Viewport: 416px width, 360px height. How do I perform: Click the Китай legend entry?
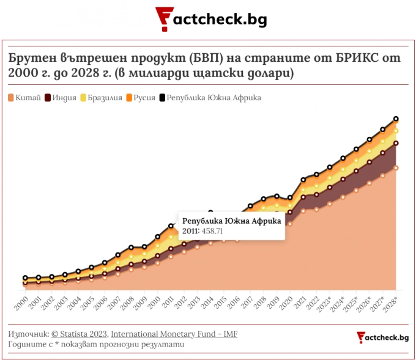24,98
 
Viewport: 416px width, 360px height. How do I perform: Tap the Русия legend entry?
140,98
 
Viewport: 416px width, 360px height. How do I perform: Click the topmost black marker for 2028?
396,119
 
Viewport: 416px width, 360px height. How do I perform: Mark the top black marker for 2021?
303,180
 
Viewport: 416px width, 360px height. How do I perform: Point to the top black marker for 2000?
25,278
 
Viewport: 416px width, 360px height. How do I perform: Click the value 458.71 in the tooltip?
210,231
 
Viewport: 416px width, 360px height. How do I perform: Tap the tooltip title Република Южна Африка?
231,221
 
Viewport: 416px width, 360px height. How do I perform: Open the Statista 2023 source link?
80,334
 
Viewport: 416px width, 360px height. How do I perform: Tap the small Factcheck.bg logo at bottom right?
383,337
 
